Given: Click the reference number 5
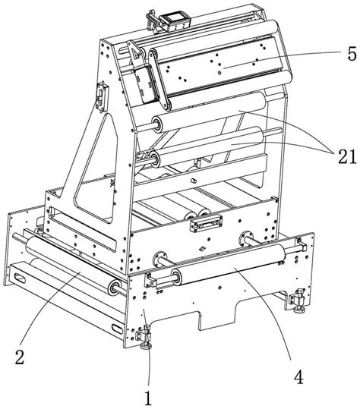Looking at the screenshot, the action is (x=352, y=55).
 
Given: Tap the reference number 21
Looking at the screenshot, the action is (x=347, y=156).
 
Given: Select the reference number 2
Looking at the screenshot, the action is (x=20, y=357).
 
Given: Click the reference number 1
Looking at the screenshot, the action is (x=148, y=398).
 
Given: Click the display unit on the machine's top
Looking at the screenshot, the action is (x=175, y=22).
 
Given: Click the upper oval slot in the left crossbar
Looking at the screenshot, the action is (x=21, y=278).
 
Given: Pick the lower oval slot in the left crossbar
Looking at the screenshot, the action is (x=117, y=329).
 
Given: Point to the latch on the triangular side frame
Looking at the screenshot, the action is (x=102, y=97).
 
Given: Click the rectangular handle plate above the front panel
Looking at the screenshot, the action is (x=207, y=223).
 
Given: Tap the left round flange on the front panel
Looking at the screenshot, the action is (x=160, y=259).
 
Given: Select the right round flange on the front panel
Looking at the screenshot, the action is (x=246, y=238).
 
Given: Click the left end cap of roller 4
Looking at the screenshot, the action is (x=176, y=276).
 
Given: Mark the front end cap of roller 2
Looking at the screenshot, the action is (x=115, y=288).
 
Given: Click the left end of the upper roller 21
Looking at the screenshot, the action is (x=158, y=124).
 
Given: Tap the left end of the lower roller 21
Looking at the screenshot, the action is (x=156, y=159).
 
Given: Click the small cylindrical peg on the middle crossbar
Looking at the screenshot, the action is (x=193, y=181).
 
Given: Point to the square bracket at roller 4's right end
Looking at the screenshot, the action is (x=302, y=245).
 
